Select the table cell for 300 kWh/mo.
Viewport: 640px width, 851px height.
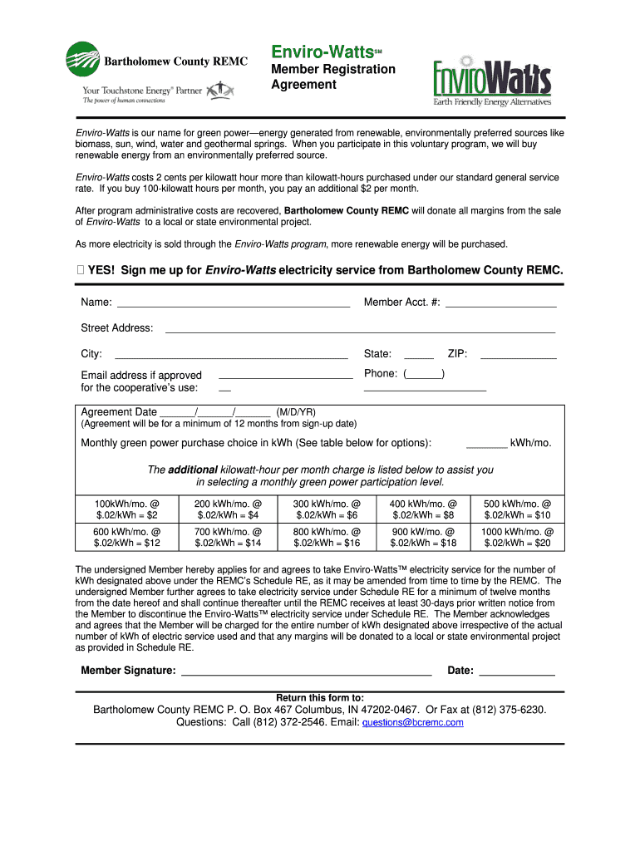pos(327,509)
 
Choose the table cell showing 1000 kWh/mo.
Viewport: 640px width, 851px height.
pos(517,537)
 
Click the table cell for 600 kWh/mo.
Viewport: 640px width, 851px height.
pos(126,537)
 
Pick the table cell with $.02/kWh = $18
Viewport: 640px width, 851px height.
pos(423,543)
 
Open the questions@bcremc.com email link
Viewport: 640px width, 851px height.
pos(412,723)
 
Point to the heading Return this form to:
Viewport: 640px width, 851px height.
pos(320,697)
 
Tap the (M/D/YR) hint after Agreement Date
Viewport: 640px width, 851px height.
pos(296,412)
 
